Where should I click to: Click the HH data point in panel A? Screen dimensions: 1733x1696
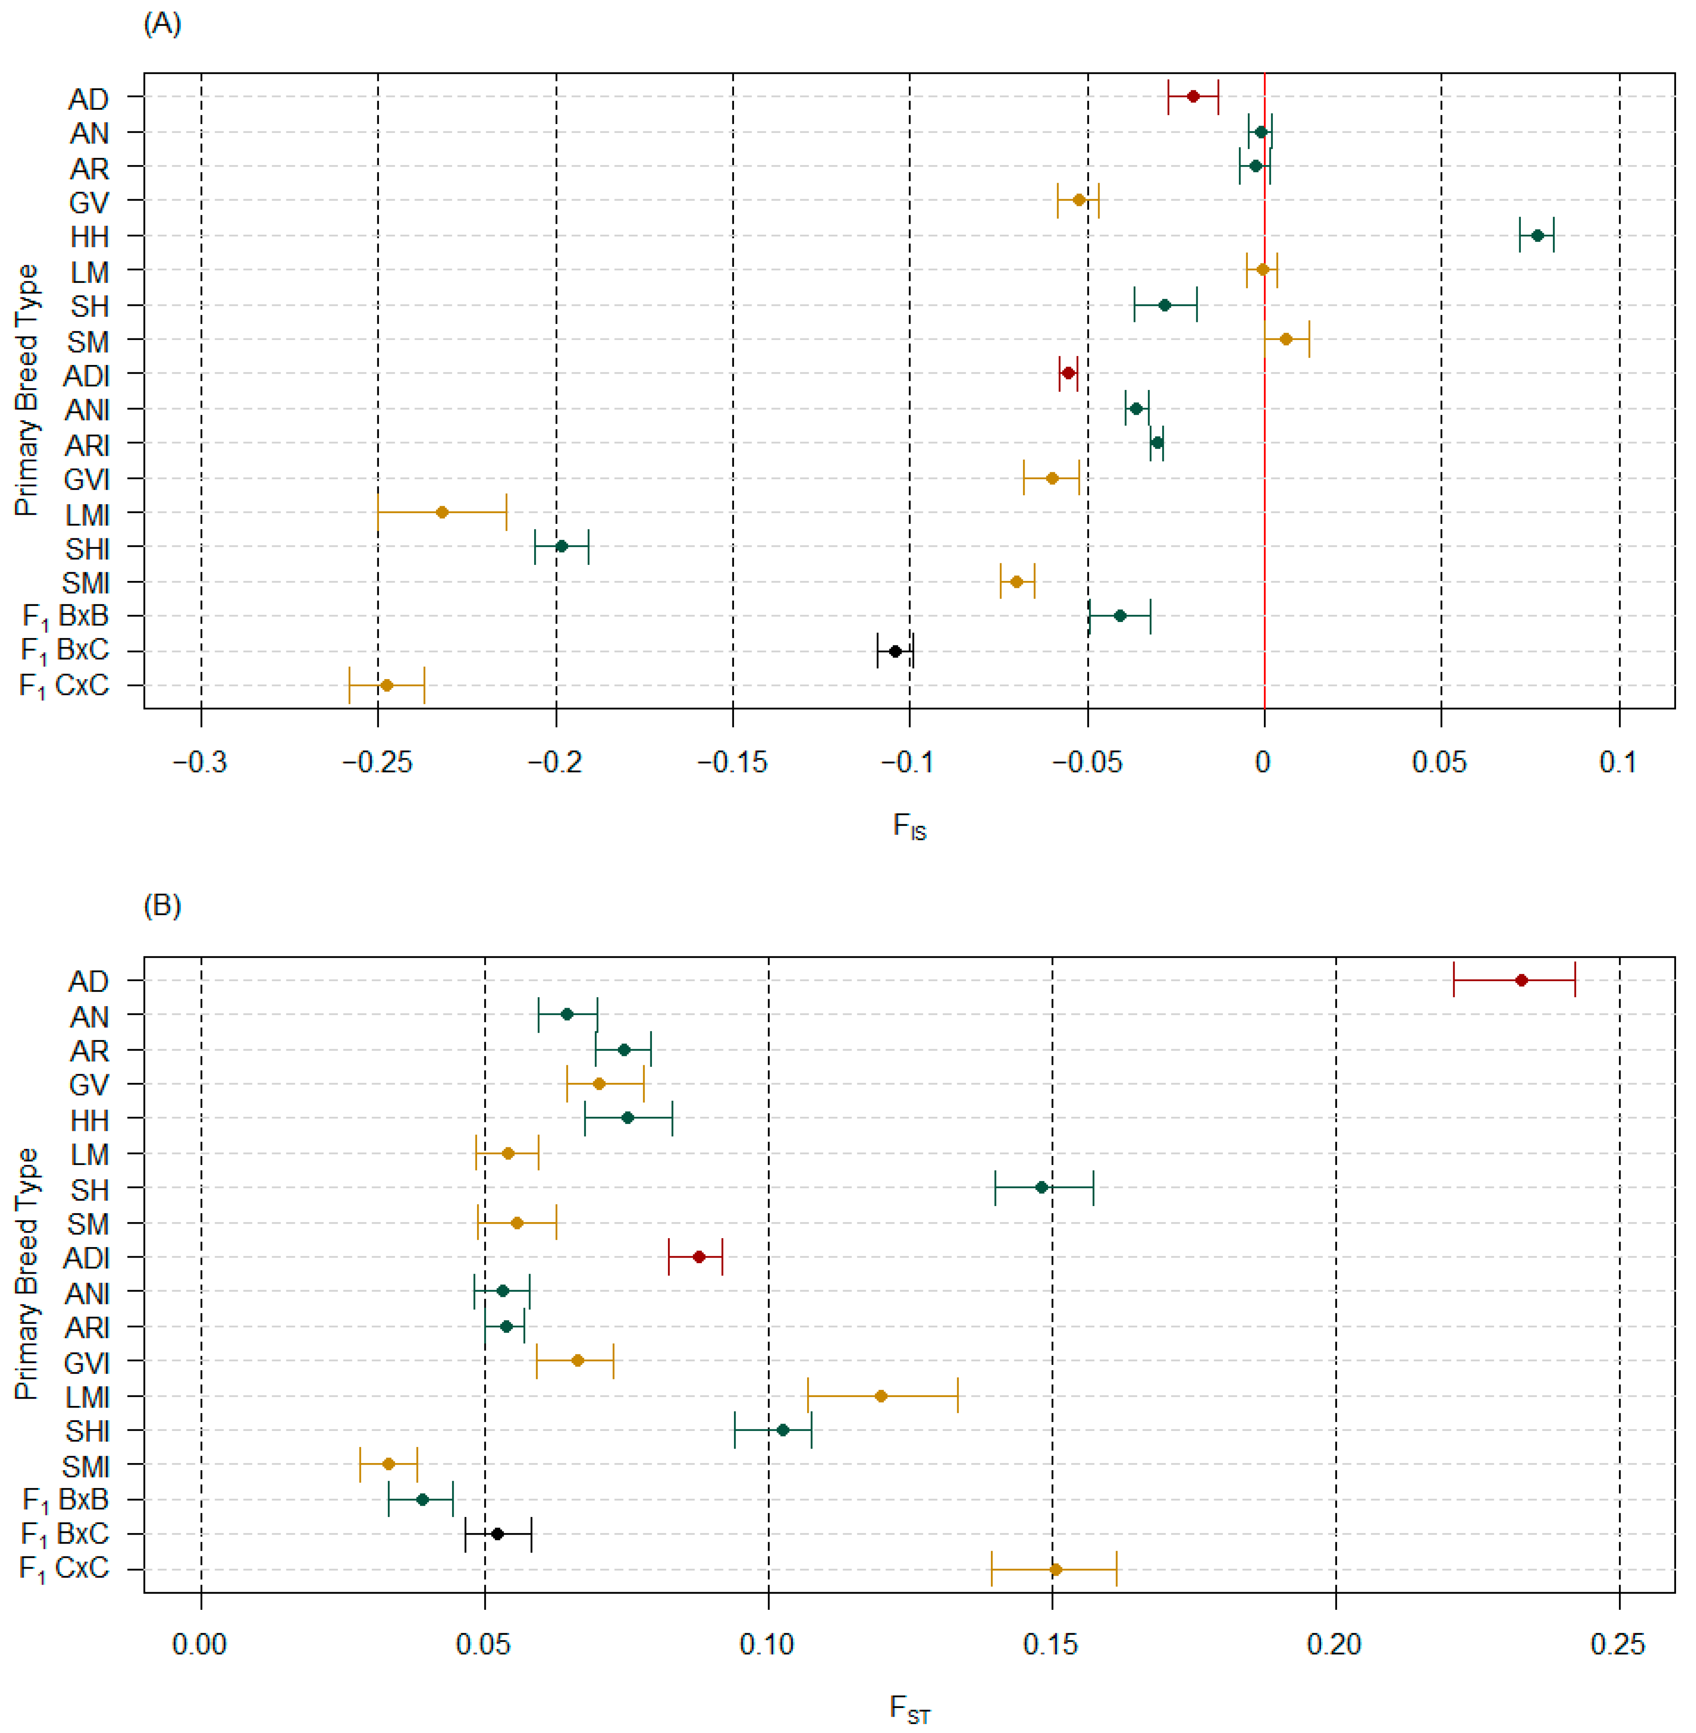pos(1536,235)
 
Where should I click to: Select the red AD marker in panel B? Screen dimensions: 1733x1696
pos(1522,980)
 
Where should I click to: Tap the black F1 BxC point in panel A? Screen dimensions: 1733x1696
pos(895,651)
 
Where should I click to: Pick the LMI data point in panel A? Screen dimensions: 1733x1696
pos(442,512)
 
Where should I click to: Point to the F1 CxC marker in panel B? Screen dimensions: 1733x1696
pos(1055,1570)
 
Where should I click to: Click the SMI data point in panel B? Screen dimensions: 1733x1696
pos(388,1464)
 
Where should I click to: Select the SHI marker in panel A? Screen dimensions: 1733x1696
pos(561,546)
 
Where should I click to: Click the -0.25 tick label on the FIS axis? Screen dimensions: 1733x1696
pos(378,763)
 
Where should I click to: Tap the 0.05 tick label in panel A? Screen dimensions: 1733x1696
pos(1439,763)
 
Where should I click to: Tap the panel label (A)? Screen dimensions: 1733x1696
pos(162,24)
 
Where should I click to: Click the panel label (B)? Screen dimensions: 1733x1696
pos(162,906)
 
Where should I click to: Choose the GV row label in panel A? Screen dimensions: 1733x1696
pos(89,203)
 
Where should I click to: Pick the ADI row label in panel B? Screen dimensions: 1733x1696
pos(86,1258)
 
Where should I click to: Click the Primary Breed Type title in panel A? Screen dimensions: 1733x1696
pos(27,390)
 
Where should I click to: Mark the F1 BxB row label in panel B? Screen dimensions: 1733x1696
pos(65,1501)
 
